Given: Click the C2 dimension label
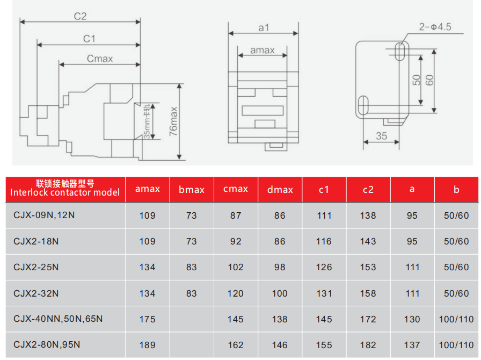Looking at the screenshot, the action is pos(81,16).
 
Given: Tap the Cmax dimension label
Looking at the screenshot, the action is pos(100,59).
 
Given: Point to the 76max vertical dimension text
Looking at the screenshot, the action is pos(173,121).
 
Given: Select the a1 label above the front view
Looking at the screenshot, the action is pos(264,27).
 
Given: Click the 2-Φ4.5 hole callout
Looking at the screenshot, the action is pos(435,27).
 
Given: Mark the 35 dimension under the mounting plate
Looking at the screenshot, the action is pos(381,136).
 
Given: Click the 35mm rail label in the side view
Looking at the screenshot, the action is pos(147,121).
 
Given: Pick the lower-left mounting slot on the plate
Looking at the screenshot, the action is pos(363,105).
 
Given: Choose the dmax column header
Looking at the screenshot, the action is pos(280,190).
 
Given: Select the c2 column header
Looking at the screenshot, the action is pos(368,190).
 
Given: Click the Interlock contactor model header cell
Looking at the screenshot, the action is pos(65,188).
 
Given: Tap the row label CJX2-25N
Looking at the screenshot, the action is pos(36,267).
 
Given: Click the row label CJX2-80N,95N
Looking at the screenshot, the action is pos(47,344).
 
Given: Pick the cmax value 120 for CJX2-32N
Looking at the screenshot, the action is pos(235,293).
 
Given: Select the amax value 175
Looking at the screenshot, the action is pos(147,319).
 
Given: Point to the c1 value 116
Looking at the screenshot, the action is pos(324,241).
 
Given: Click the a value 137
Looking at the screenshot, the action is pos(412,345).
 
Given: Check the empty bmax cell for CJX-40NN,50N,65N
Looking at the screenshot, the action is pos(192,319).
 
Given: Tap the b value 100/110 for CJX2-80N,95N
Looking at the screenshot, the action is pos(456,345).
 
